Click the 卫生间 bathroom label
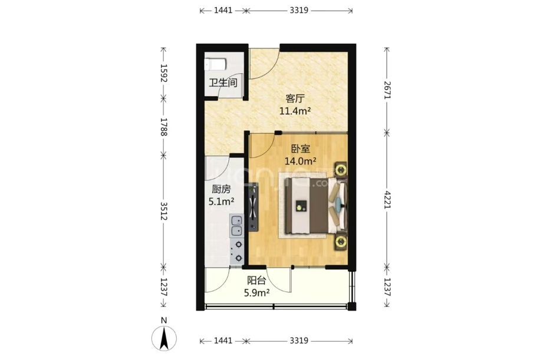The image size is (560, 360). (223, 83)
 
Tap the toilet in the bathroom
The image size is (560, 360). (215, 65)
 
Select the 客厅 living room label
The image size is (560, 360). (295, 98)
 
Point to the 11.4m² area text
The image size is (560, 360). (295, 111)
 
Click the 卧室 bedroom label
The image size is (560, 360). (301, 148)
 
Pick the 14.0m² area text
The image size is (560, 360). (301, 161)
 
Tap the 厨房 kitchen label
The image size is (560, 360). (222, 189)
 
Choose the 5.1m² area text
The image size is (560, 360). (222, 202)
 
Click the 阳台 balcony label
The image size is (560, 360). (257, 280)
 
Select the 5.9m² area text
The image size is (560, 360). (257, 293)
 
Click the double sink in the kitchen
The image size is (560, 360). (236, 226)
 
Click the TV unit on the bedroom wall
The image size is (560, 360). (253, 207)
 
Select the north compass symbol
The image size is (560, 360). (164, 338)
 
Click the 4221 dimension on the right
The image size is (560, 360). (387, 200)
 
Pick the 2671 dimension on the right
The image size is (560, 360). (387, 90)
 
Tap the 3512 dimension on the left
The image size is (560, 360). (164, 211)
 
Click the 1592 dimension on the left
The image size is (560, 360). (164, 73)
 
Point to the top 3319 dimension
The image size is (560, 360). (299, 11)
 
